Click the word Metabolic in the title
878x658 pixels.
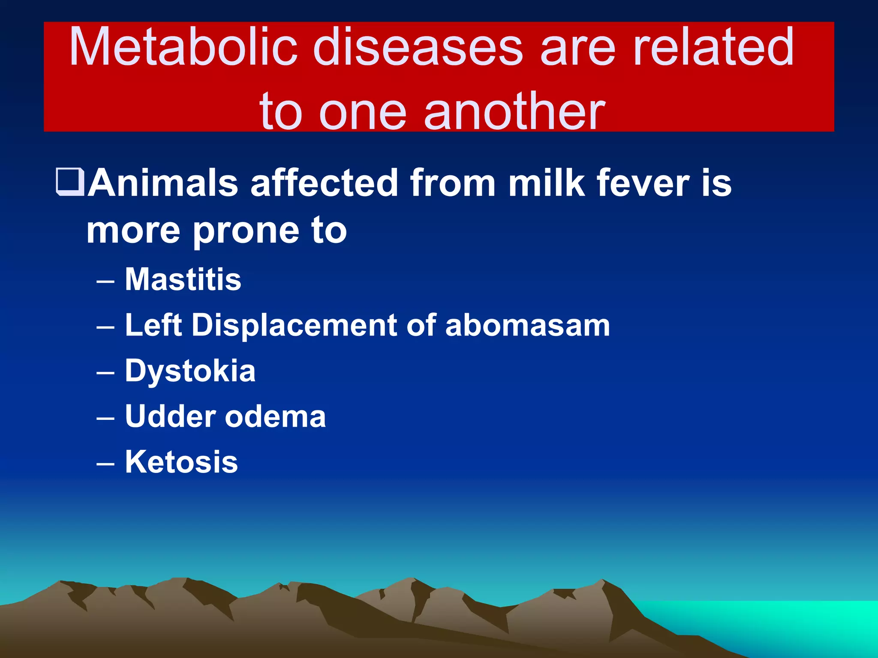(183, 47)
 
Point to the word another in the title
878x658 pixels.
(514, 112)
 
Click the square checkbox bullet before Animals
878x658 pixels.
(70, 182)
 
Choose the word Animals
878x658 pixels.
(163, 183)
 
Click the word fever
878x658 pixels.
(643, 183)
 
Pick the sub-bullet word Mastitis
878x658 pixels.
(183, 280)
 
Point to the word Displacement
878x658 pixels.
(294, 326)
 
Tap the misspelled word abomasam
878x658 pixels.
(527, 326)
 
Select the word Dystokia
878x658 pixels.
(190, 371)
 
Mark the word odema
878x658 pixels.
(275, 416)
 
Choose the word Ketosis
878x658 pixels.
(181, 462)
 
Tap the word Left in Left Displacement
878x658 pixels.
(153, 326)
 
